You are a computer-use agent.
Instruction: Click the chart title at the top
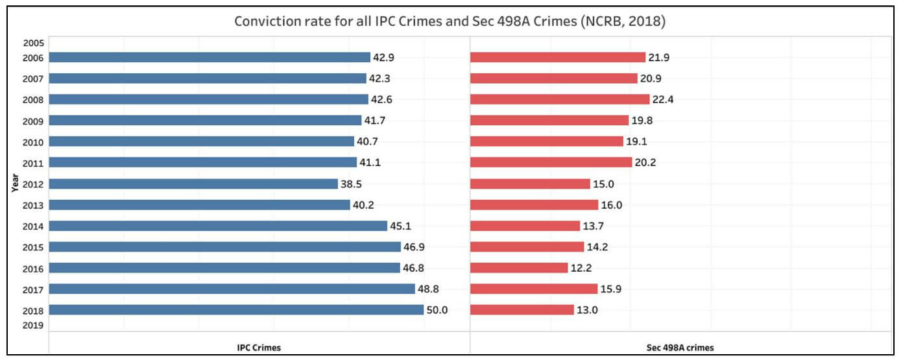450,21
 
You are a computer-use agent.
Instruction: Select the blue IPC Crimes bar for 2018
236,310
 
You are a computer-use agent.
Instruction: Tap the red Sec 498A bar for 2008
559,99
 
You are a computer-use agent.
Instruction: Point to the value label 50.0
437,310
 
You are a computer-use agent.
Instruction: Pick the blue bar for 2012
193,184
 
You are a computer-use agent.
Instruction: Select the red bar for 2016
519,268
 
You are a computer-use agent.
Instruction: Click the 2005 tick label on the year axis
33,43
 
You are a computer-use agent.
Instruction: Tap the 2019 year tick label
33,326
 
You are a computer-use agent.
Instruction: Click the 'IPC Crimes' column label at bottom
259,348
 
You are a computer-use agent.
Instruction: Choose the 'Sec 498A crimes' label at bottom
680,348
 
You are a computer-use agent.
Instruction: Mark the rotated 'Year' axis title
14,182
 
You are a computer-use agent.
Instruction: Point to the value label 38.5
351,184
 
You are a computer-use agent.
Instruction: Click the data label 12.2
581,268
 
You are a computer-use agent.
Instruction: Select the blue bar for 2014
218,226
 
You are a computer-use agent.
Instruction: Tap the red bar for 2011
551,162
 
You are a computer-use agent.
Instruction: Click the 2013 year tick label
33,205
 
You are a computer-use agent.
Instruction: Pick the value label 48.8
428,289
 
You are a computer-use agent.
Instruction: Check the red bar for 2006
557,57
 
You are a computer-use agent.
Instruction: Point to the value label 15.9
611,289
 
